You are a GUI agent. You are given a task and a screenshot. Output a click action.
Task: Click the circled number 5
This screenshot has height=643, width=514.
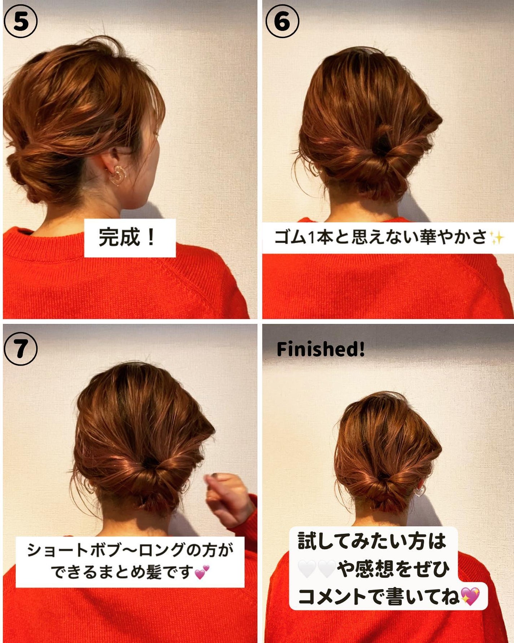pos(21,22)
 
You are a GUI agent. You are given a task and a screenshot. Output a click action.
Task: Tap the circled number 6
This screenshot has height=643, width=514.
pos(282,22)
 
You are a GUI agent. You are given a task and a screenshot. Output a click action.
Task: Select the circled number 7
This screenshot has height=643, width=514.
pos(21,349)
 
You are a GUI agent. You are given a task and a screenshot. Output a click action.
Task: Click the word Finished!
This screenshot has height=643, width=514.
pos(321,349)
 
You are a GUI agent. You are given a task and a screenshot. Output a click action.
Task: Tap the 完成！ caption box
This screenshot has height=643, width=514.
pos(130,238)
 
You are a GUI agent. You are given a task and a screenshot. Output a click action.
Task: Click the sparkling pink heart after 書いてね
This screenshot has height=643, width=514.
pos(470,596)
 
